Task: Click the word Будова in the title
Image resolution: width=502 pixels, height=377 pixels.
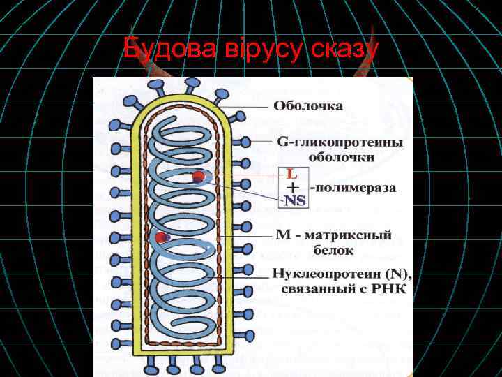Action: click(159, 50)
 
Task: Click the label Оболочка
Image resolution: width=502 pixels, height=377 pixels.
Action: click(307, 107)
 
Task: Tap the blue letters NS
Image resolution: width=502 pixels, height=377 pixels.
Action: click(294, 200)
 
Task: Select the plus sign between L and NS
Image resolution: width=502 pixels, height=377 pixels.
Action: click(294, 187)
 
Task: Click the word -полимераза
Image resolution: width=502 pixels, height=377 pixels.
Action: click(353, 188)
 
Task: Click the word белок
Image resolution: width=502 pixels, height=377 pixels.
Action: click(333, 250)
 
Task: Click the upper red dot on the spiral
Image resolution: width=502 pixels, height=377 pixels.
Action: click(199, 177)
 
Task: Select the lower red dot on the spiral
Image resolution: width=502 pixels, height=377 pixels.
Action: click(162, 238)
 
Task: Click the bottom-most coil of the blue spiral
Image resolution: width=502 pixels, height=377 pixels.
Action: click(183, 318)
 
